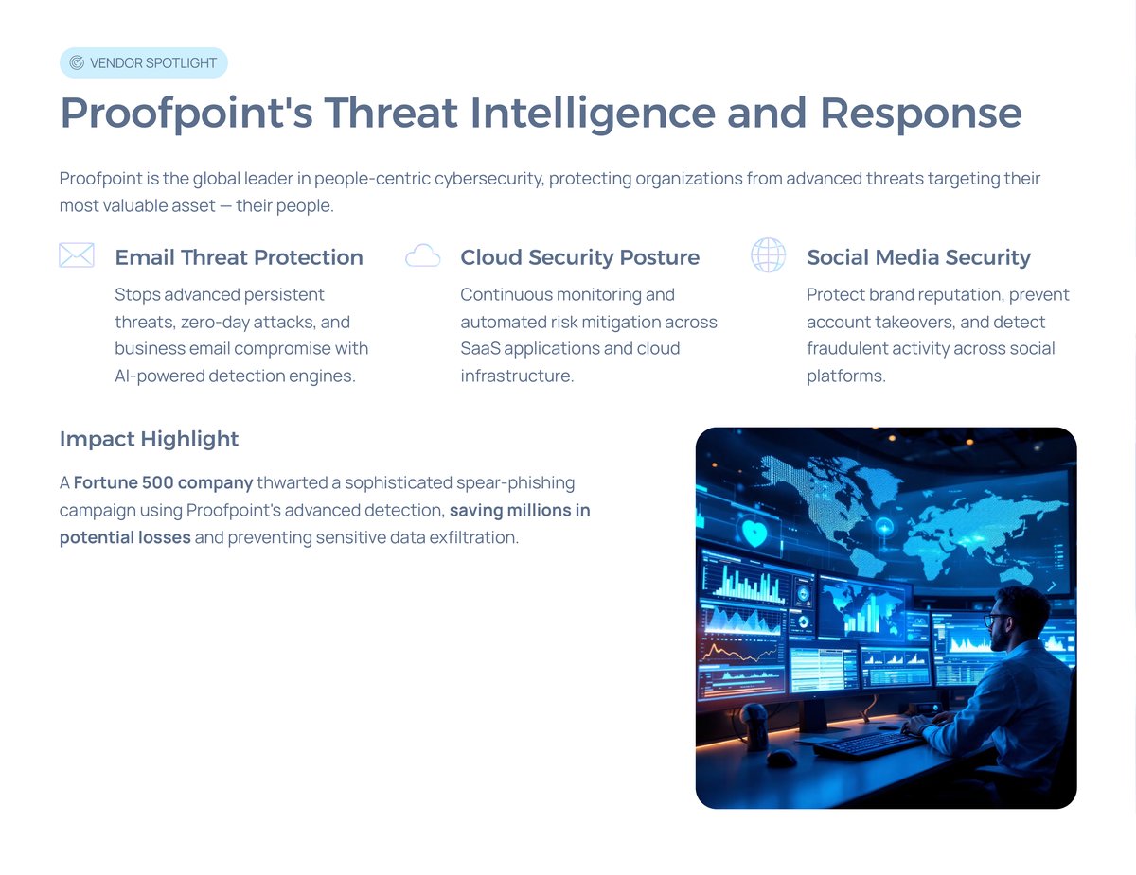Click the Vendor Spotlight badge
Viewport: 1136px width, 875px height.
tap(144, 62)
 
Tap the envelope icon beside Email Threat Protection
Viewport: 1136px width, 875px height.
tap(76, 255)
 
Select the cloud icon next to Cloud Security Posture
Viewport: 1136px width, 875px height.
tap(422, 255)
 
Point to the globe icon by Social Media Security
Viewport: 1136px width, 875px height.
tap(768, 255)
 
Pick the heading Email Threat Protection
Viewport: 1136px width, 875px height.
tap(239, 257)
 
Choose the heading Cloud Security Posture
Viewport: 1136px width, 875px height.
tap(579, 257)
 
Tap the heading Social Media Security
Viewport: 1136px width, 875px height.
tap(917, 257)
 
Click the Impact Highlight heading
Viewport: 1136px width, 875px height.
tap(149, 439)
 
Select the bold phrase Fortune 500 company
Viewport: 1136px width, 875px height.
tap(163, 483)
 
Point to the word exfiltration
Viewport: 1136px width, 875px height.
tap(475, 538)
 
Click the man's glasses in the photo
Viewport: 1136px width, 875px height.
tap(996, 620)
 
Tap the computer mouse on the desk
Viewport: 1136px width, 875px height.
tap(781, 758)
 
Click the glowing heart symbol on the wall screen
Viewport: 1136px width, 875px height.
tap(754, 533)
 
